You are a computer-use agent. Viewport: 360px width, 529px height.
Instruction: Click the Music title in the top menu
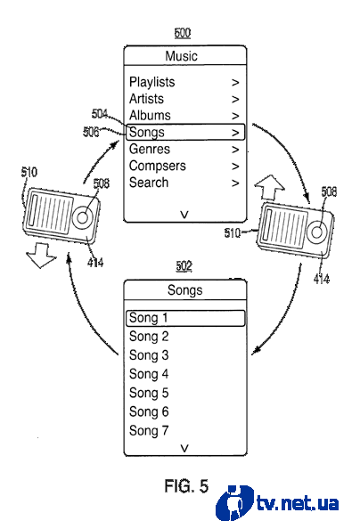point(181,56)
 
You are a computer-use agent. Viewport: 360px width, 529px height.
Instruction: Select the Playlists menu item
point(152,82)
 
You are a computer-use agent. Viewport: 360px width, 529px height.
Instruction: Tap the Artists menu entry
point(146,99)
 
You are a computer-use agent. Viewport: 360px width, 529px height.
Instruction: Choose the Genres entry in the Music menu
point(150,149)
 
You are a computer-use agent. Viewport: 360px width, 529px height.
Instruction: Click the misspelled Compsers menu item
point(158,166)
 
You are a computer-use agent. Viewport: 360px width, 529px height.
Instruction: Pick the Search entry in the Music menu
point(149,183)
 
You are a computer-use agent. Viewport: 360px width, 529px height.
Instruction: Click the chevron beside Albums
point(235,116)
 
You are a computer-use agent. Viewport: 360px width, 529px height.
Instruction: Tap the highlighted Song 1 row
point(185,318)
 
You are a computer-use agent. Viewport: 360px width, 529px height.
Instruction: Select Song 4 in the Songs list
point(149,374)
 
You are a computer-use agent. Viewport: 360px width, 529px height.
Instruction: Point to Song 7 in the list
point(149,430)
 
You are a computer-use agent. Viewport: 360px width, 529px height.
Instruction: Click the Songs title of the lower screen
point(185,290)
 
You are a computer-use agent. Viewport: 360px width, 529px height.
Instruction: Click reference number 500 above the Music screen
point(183,33)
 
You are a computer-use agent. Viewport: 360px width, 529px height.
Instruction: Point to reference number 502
point(184,266)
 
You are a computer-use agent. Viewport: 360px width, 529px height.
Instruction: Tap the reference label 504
point(100,114)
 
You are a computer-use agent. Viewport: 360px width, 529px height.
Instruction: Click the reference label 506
point(91,132)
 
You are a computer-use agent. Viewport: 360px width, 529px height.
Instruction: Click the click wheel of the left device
point(82,217)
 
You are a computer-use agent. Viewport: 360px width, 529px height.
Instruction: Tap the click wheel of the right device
point(316,232)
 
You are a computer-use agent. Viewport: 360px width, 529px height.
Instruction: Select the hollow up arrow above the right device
point(270,188)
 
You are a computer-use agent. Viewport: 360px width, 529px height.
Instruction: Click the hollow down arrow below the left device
point(41,256)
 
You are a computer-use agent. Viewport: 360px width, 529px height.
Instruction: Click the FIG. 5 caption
point(186,486)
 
